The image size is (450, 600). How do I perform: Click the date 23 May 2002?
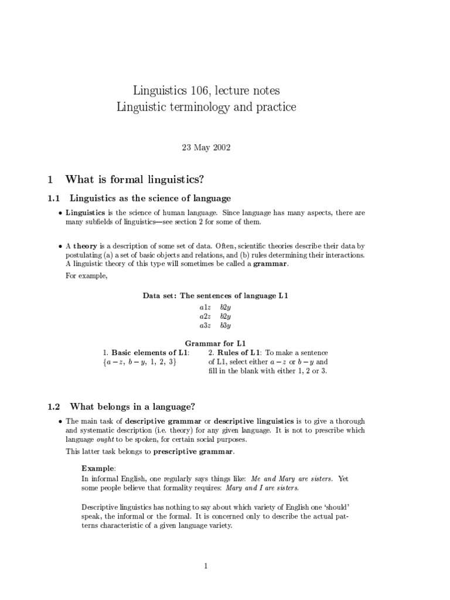pos(206,147)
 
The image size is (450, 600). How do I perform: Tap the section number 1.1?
pos(55,199)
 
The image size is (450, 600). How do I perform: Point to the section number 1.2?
pos(55,406)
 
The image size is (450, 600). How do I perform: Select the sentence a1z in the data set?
pos(205,307)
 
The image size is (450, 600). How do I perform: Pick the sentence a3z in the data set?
pos(205,325)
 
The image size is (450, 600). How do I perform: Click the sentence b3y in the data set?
pos(226,325)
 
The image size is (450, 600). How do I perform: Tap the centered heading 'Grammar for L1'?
pos(215,343)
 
